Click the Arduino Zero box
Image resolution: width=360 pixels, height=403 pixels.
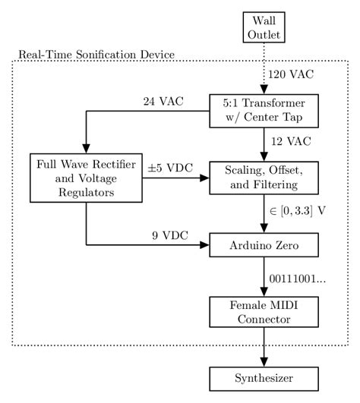[264, 246]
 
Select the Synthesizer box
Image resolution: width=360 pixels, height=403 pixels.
[264, 378]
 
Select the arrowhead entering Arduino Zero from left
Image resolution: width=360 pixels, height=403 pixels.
[206, 246]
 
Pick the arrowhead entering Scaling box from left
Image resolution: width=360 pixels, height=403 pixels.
[206, 179]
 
